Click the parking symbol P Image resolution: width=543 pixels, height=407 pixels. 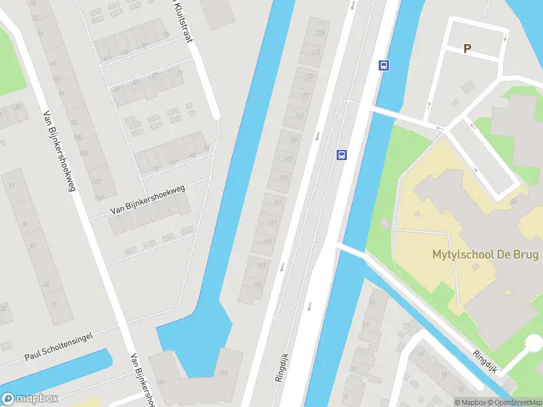(467, 48)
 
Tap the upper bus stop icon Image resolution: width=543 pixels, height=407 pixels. (383, 66)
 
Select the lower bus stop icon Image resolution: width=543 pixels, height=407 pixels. (342, 155)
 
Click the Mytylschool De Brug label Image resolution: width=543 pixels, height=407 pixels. (485, 255)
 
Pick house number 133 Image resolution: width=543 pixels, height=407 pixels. (310, 76)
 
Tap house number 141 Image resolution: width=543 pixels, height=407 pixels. (299, 116)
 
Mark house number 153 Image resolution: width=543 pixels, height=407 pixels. (283, 178)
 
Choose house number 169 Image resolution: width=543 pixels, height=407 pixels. (262, 266)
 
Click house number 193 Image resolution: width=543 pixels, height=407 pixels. (224, 374)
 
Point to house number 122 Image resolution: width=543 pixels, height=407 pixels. (95, 181)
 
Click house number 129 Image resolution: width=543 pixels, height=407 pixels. (315, 52)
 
